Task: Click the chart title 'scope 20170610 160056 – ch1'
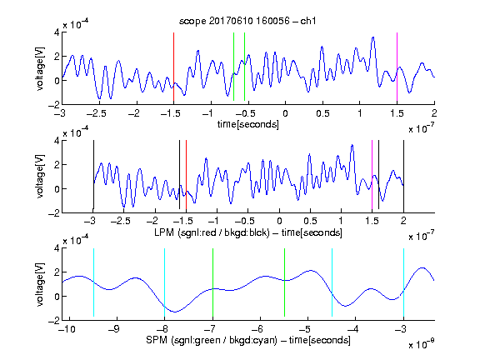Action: pos(247,21)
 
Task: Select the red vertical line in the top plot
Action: pos(173,67)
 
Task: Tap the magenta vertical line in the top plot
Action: pos(397,67)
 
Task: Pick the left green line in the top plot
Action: pos(233,67)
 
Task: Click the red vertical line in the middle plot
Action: pos(186,175)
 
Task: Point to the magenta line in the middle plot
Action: pos(372,175)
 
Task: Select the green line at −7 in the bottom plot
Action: pos(212,282)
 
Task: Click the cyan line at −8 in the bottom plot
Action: pos(164,282)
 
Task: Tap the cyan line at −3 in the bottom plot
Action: pos(403,282)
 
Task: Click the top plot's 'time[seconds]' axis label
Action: pos(248,124)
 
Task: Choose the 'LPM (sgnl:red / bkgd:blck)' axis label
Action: pos(212,232)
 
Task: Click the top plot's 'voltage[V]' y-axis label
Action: pos(40,68)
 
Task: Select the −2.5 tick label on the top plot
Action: pos(97,113)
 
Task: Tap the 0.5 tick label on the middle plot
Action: pos(310,221)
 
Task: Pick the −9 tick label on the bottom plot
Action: pos(113,329)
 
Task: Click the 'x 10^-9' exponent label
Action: pos(422,344)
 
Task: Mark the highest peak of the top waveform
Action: pos(372,37)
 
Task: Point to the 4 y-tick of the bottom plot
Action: pos(57,247)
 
